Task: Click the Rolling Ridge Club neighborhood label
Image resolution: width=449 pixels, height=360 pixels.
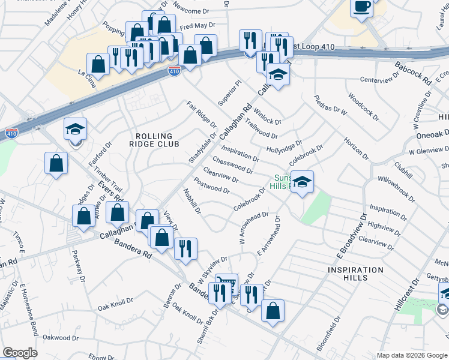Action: click(154, 140)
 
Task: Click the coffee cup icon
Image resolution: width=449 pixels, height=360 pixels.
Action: click(361, 8)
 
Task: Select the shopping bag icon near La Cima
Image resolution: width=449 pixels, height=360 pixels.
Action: click(98, 64)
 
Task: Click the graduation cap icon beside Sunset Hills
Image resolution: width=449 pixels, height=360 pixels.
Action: click(301, 181)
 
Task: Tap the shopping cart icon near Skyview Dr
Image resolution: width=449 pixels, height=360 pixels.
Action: click(226, 284)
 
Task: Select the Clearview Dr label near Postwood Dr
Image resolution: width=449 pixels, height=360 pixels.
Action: click(221, 175)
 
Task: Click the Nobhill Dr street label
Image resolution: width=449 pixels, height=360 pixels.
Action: click(193, 202)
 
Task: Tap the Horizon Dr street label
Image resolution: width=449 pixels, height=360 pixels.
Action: click(354, 148)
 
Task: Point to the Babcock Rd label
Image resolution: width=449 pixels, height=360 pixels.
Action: click(414, 73)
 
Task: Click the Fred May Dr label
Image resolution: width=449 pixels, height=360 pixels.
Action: click(197, 26)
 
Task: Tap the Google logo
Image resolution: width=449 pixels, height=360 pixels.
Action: click(20, 353)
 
